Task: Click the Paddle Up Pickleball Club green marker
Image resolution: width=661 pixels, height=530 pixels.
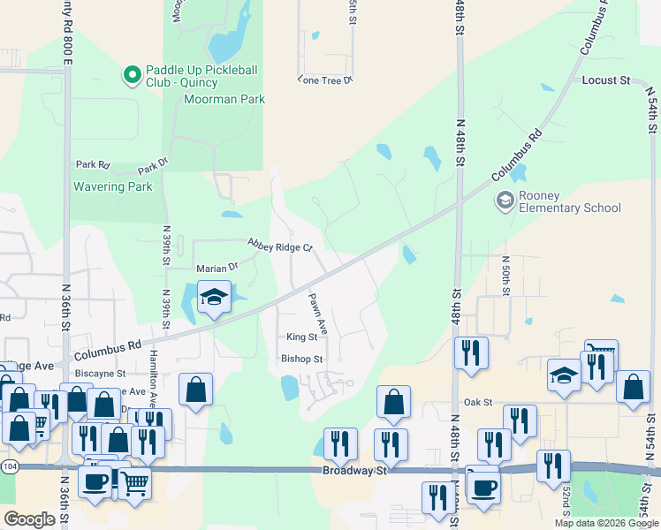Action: [133, 76]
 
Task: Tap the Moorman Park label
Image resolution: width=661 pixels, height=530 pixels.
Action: [224, 100]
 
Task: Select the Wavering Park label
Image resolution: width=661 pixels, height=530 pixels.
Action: [113, 186]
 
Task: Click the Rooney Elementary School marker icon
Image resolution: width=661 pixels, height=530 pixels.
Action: [505, 201]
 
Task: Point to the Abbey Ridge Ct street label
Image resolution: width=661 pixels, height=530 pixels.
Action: [280, 245]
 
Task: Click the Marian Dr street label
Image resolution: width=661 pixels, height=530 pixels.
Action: [217, 267]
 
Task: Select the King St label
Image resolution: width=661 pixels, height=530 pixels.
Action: [301, 337]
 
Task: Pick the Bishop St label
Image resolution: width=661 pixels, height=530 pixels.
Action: [303, 360]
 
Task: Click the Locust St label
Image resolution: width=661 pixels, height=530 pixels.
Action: [605, 80]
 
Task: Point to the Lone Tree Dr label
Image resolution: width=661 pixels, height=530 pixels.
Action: [325, 79]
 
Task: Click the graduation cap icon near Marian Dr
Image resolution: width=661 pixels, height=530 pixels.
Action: [214, 298]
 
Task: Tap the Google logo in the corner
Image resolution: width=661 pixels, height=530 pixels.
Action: [29, 519]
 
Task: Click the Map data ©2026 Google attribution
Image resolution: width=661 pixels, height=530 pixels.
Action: [606, 523]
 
